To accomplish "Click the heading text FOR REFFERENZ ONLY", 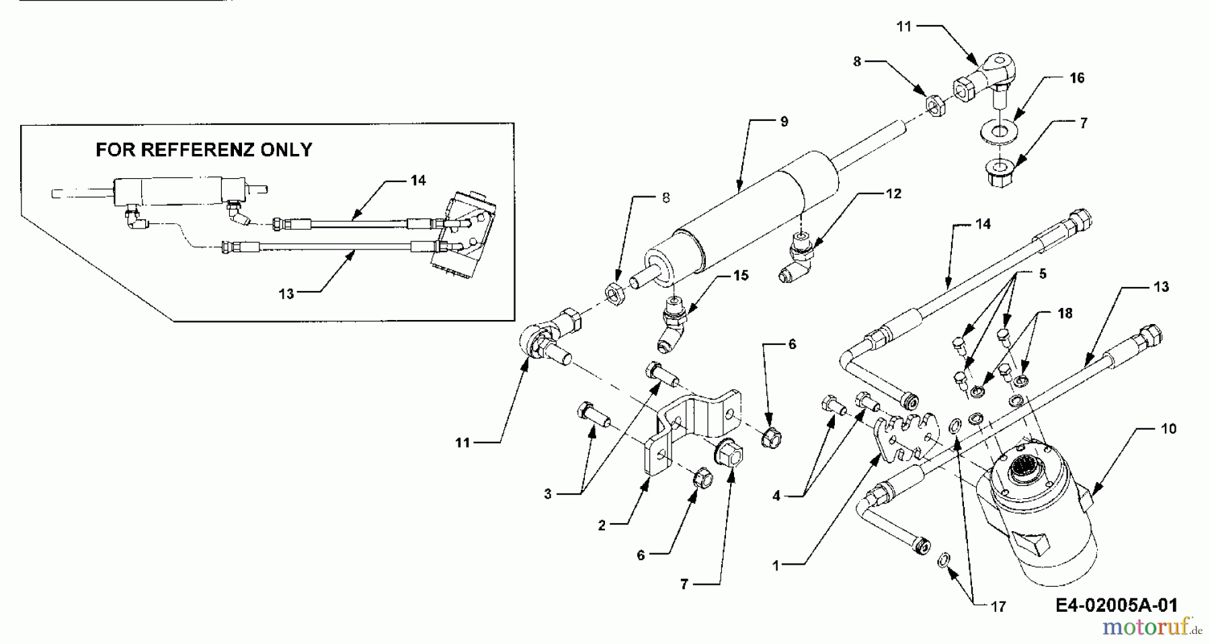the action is click(204, 149).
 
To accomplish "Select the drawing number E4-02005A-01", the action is click(1116, 605).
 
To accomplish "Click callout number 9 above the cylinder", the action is click(784, 122).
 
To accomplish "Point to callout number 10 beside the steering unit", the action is click(1168, 428).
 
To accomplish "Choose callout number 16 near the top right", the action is click(1077, 78).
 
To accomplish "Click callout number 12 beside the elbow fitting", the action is click(893, 194).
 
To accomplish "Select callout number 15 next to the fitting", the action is click(740, 276).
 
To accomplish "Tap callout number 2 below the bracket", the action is click(602, 525).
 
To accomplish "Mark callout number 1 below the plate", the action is click(776, 566).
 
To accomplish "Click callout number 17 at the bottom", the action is click(998, 607).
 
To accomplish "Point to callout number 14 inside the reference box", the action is click(418, 180).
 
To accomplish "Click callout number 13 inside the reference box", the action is click(286, 294).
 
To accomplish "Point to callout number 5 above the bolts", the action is click(1043, 274).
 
